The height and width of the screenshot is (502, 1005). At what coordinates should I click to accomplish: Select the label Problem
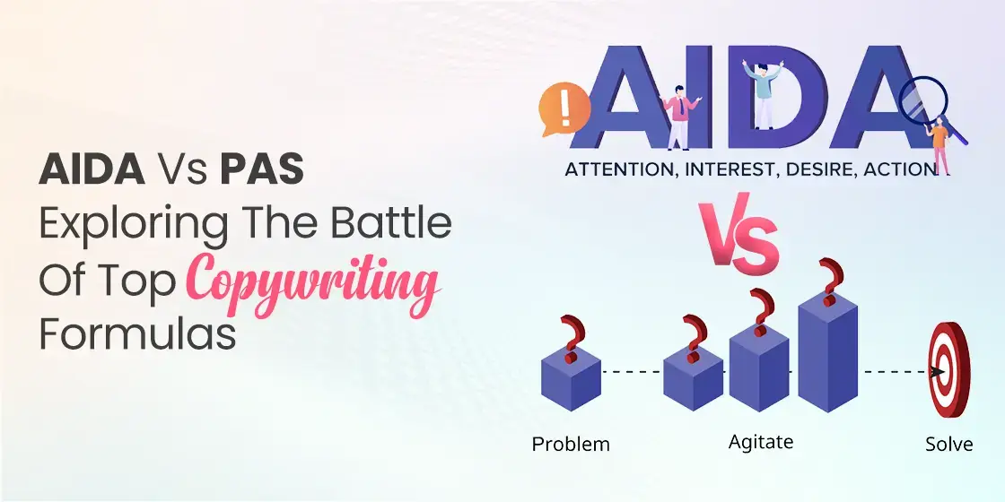(571, 444)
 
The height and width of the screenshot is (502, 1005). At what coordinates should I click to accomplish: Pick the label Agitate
(761, 442)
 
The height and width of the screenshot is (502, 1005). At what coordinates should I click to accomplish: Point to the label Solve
(948, 444)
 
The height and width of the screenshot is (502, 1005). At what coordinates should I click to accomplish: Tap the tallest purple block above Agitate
(828, 355)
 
